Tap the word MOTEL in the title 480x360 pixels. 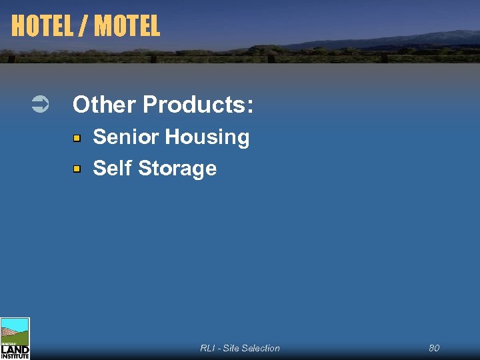(127, 26)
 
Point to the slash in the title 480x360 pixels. (85, 26)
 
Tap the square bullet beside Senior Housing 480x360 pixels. (77, 138)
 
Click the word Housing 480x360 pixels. (207, 138)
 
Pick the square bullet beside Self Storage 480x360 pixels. (77, 169)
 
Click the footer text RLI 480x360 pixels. (207, 348)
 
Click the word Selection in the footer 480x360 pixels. (261, 348)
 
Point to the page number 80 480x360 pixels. (434, 348)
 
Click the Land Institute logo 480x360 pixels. (15, 339)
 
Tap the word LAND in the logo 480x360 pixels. (15, 349)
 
